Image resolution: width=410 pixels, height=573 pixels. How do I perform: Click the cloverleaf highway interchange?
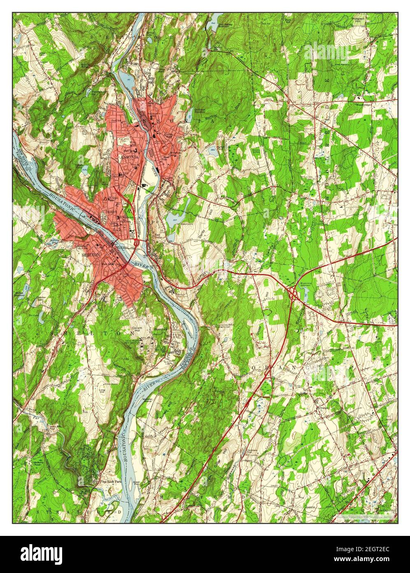[294, 294]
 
